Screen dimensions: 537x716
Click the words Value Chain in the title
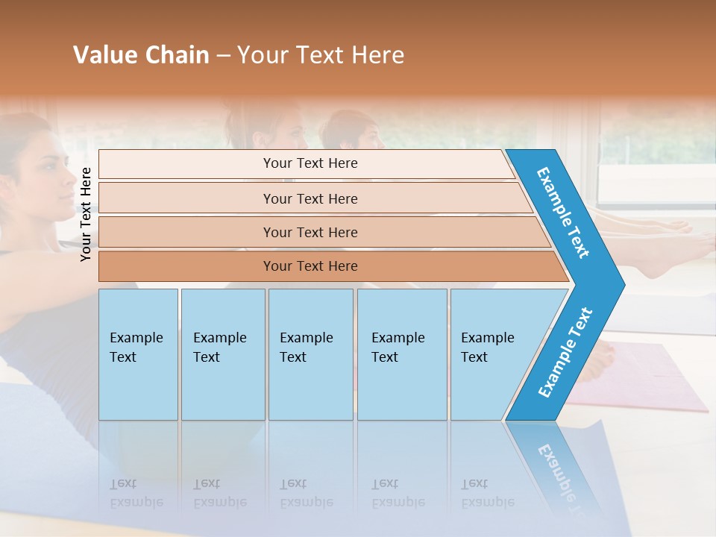click(x=141, y=55)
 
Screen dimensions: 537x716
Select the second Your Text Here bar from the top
click(x=310, y=198)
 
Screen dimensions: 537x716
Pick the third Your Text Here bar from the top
click(x=310, y=232)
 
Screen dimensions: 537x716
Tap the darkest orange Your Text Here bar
click(x=310, y=266)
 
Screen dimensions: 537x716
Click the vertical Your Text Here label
click(x=86, y=213)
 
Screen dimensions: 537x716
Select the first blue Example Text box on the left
click(x=138, y=354)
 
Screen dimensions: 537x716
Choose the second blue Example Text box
click(x=223, y=354)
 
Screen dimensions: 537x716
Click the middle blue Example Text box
click(x=310, y=354)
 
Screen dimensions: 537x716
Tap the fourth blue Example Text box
click(x=401, y=354)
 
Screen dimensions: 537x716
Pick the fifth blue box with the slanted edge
click(x=492, y=354)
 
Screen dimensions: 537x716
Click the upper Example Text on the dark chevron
click(x=563, y=213)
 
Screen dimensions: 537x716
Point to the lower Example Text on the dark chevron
click(x=565, y=352)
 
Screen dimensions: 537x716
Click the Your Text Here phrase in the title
click(x=321, y=55)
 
